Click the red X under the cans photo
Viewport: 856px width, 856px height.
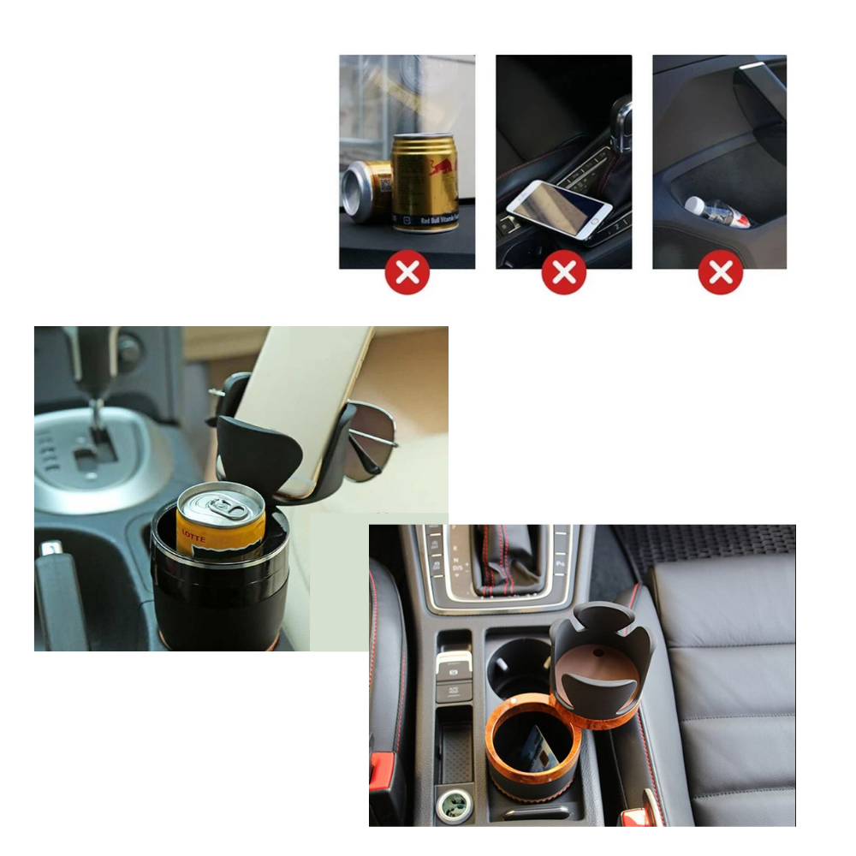pos(407,273)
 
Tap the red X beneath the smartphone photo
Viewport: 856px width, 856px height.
pos(564,273)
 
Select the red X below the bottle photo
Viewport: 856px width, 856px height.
pos(721,273)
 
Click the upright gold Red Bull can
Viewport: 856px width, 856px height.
pos(425,182)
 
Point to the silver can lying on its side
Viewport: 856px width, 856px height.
pos(366,193)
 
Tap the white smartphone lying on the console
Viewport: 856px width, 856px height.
pos(559,209)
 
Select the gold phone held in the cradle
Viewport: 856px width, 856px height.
pos(300,402)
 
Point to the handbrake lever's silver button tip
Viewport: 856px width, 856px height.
pos(51,548)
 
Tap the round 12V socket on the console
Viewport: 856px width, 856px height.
pos(455,804)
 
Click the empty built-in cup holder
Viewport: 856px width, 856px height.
pos(519,668)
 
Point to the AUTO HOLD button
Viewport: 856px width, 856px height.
pos(453,690)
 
